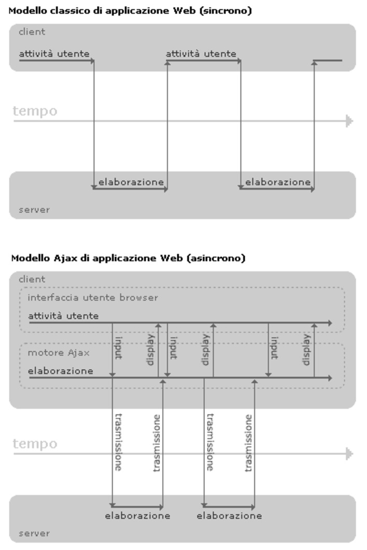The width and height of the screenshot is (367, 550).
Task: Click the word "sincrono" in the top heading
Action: (226, 10)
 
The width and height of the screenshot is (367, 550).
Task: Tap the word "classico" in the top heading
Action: (70, 10)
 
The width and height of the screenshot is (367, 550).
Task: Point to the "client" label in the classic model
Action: (32, 32)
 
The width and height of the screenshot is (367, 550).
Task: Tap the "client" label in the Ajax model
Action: (32, 279)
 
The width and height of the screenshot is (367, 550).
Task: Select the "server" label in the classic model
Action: (34, 210)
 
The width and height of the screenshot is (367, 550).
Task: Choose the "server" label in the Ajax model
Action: (34, 533)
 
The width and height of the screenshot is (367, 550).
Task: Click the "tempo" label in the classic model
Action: (35, 111)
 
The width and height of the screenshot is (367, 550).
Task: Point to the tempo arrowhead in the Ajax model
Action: (349, 454)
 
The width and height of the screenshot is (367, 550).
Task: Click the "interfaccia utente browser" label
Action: (93, 297)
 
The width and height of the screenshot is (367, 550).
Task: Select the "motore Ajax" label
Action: (59, 353)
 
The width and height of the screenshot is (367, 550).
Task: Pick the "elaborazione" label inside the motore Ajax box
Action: (61, 371)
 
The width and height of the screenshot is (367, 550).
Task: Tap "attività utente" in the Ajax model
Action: (63, 316)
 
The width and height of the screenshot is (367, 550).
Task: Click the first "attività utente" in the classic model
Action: (54, 54)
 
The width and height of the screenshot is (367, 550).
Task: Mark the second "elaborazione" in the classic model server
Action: (278, 182)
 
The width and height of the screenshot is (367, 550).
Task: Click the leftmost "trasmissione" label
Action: (118, 442)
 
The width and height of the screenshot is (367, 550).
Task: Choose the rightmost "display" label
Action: (306, 350)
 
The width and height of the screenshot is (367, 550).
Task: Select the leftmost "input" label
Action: (118, 348)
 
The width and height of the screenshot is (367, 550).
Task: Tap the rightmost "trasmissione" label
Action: (248, 443)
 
